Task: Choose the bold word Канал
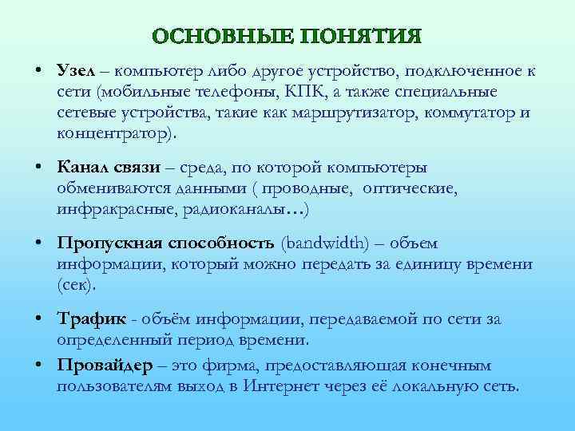point(81,168)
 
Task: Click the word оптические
point(409,189)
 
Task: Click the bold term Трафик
point(91,319)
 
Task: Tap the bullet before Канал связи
point(38,168)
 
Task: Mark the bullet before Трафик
point(38,319)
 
